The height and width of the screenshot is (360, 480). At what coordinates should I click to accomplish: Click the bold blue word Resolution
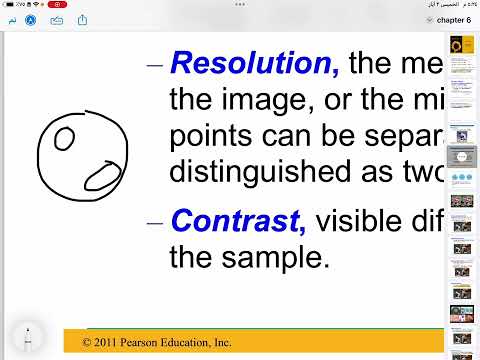pos(255,64)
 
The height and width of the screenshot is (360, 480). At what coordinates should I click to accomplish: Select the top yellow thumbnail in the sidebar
pos(461,45)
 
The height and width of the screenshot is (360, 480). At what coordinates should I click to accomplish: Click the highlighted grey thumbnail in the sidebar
pos(461,157)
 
